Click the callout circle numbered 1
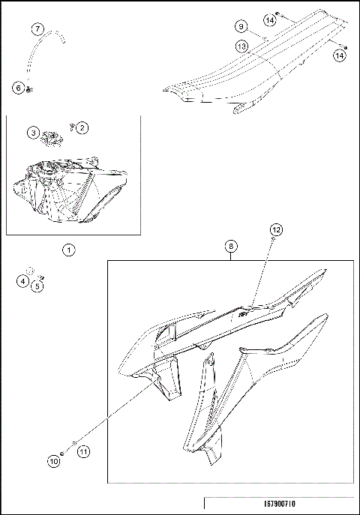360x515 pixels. point(68,250)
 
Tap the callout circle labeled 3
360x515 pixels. point(34,133)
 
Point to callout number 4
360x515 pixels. point(23,281)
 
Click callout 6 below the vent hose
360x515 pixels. point(18,88)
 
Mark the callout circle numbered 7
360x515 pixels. point(37,29)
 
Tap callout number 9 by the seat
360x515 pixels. point(241,26)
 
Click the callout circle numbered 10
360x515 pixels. point(53,462)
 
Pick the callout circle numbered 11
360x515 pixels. point(82,451)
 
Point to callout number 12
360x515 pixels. point(276,228)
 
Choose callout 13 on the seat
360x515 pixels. point(241,46)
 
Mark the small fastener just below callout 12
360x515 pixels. point(274,239)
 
